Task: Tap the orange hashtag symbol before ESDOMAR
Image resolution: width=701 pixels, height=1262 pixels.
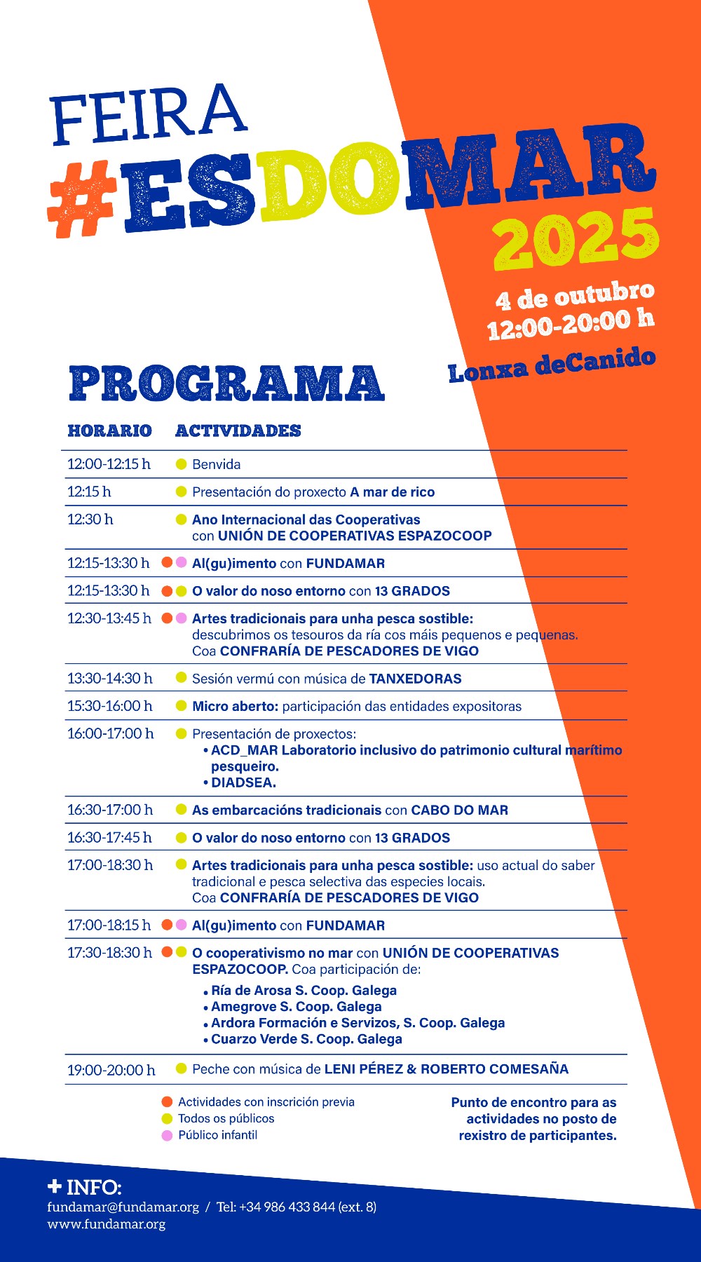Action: tap(81, 199)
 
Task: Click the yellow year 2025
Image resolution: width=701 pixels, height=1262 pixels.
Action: tap(576, 240)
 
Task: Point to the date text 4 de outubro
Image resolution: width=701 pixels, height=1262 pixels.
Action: tap(574, 296)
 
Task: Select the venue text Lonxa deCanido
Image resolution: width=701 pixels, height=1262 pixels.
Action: tap(552, 365)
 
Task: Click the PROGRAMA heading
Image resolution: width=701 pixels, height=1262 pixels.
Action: tap(226, 384)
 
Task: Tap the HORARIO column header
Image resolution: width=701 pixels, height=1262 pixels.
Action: tap(109, 430)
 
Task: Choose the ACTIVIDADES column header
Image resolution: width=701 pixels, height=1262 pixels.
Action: tap(238, 430)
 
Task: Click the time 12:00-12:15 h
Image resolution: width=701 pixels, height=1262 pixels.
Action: tap(109, 464)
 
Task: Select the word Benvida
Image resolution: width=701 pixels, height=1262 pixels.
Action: tap(217, 464)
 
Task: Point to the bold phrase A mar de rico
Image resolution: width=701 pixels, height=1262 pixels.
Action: tap(393, 492)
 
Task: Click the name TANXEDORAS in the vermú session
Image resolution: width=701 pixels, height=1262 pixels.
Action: tap(415, 679)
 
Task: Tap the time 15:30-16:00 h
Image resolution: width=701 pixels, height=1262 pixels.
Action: tap(109, 706)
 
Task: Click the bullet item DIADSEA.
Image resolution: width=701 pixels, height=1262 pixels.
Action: tap(243, 782)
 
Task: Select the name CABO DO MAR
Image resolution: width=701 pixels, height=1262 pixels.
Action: tap(459, 810)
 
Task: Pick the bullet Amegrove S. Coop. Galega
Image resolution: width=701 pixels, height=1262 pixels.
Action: tap(296, 1007)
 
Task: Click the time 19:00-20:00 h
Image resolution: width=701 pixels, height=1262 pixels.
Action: tap(111, 1070)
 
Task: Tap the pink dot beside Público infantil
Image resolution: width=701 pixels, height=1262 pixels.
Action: tap(167, 1135)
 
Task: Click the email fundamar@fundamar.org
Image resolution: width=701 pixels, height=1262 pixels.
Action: tap(123, 1207)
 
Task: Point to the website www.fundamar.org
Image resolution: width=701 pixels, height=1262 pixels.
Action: tap(107, 1224)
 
